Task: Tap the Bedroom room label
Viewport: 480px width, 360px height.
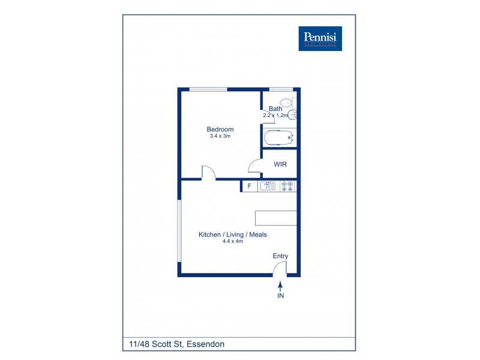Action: [x=220, y=129]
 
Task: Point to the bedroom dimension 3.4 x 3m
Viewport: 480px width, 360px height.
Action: [x=220, y=136]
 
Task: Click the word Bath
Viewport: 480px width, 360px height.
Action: [x=275, y=109]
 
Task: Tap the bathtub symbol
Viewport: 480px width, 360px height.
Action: [x=280, y=138]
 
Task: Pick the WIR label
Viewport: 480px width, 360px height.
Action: [x=281, y=164]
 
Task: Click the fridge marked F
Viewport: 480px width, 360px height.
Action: [x=249, y=186]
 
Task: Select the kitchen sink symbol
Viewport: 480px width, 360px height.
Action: [x=268, y=186]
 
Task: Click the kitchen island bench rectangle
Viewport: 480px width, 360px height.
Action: [x=277, y=217]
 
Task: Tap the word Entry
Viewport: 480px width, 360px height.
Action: [x=281, y=256]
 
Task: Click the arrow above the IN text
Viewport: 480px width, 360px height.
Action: [x=280, y=289]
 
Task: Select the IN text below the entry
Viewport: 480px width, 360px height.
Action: [x=280, y=296]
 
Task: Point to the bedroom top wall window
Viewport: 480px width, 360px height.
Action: [x=208, y=89]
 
